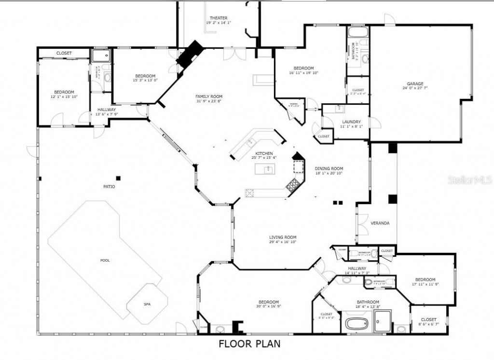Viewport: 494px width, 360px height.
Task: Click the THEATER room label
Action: pos(218,18)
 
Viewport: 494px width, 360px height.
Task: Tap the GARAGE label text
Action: pos(415,83)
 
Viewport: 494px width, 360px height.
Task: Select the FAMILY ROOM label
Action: pos(209,96)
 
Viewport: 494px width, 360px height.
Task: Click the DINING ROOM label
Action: pos(329,169)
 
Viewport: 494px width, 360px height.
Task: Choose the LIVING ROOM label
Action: pos(283,237)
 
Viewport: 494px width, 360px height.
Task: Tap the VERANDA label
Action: pos(380,223)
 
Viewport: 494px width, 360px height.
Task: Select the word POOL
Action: pos(105,261)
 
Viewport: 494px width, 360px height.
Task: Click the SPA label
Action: pos(147,305)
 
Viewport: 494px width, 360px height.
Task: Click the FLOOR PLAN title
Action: pos(249,344)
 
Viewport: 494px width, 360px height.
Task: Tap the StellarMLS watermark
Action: pos(469,180)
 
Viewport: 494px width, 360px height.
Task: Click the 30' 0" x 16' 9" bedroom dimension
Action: pos(268,306)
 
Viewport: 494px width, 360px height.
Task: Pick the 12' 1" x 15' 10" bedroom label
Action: pos(64,97)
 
